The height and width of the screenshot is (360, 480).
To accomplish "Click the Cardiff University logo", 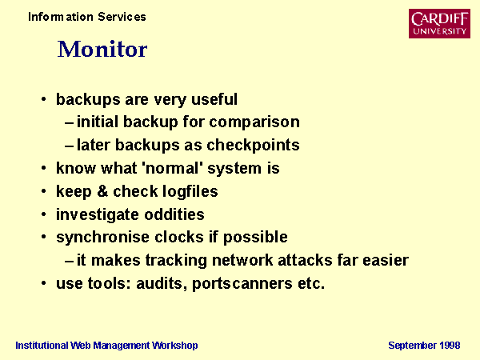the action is (439, 23).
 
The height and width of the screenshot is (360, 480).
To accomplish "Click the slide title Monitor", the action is (102, 49).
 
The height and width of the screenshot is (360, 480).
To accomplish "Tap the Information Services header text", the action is (87, 17).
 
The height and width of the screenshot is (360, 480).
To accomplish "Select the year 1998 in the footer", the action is (450, 346).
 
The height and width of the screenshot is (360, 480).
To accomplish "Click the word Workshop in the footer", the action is (175, 346).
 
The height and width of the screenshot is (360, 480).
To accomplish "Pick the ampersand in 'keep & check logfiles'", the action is (102, 191).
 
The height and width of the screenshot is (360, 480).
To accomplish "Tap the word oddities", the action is (174, 214).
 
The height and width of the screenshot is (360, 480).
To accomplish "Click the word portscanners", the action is (242, 283).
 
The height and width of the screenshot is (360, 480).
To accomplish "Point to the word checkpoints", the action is (253, 145).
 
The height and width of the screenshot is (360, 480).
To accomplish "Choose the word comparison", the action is (254, 122).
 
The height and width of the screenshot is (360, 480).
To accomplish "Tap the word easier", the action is (386, 261).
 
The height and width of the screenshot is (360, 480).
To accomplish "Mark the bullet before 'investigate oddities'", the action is (44, 214).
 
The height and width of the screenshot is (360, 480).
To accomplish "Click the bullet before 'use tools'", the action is (44, 283).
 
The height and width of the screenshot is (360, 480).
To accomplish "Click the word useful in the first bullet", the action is (214, 99).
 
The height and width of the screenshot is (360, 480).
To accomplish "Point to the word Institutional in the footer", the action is (42, 346).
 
